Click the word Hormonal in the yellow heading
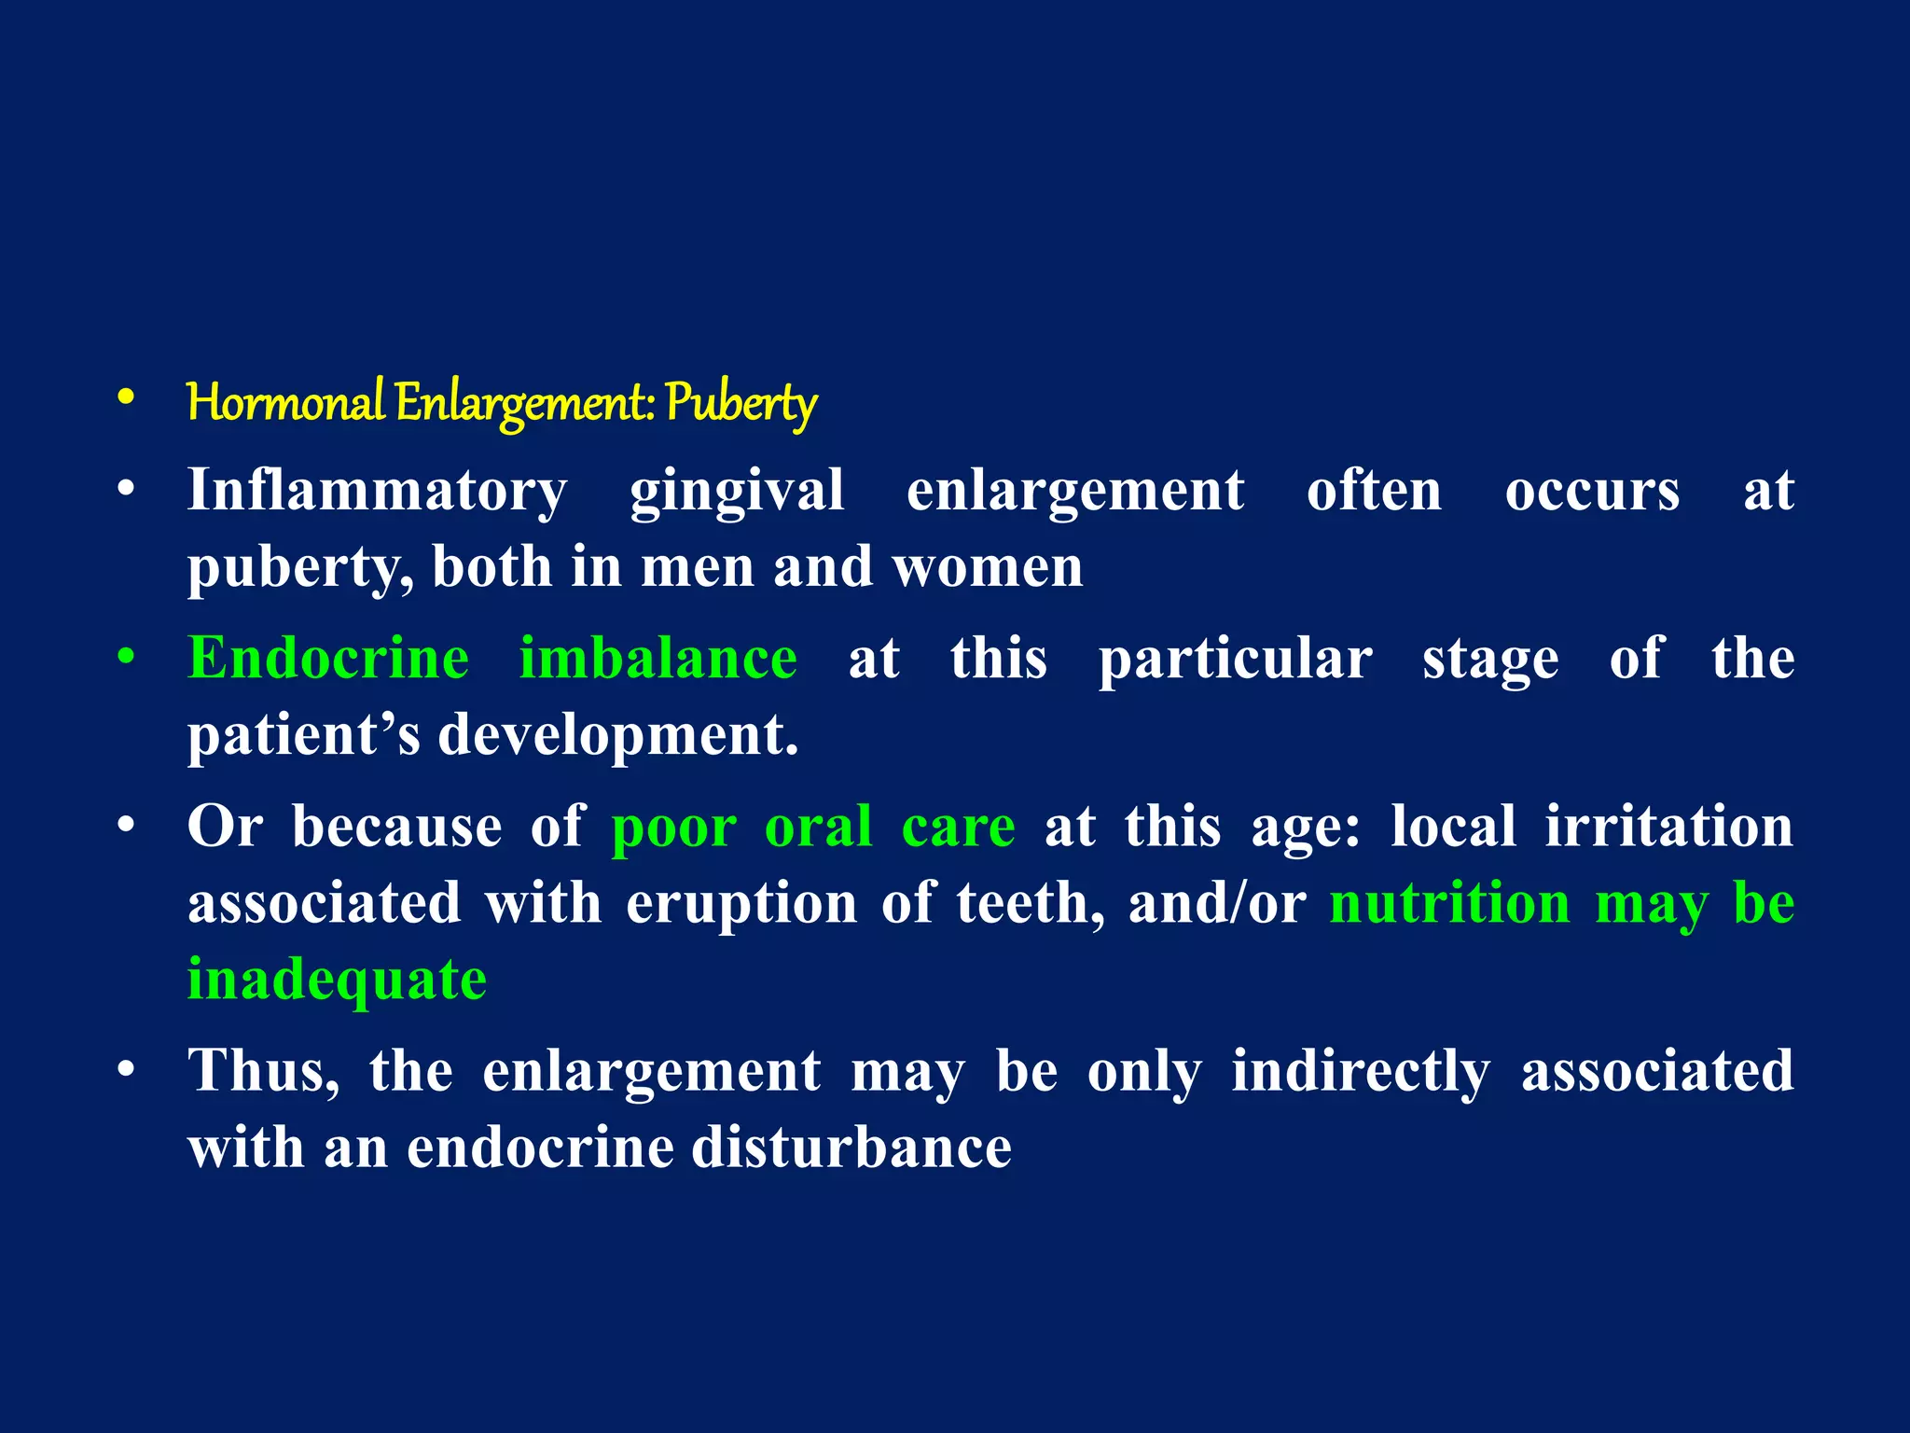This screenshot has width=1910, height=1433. [x=285, y=403]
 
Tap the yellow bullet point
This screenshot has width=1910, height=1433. [x=126, y=398]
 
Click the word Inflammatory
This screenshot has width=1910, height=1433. [x=377, y=491]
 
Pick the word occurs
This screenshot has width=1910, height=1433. [x=1592, y=491]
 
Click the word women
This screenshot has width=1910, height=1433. [x=988, y=567]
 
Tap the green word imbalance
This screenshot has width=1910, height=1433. [x=658, y=658]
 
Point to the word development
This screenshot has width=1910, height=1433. [x=618, y=737]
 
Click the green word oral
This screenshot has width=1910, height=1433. [x=818, y=827]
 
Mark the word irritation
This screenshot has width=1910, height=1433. [x=1669, y=827]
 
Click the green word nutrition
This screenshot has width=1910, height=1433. [x=1450, y=903]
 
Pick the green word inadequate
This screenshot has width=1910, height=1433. [x=337, y=981]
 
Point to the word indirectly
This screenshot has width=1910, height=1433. [x=1361, y=1071]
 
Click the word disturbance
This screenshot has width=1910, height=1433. [x=851, y=1147]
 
